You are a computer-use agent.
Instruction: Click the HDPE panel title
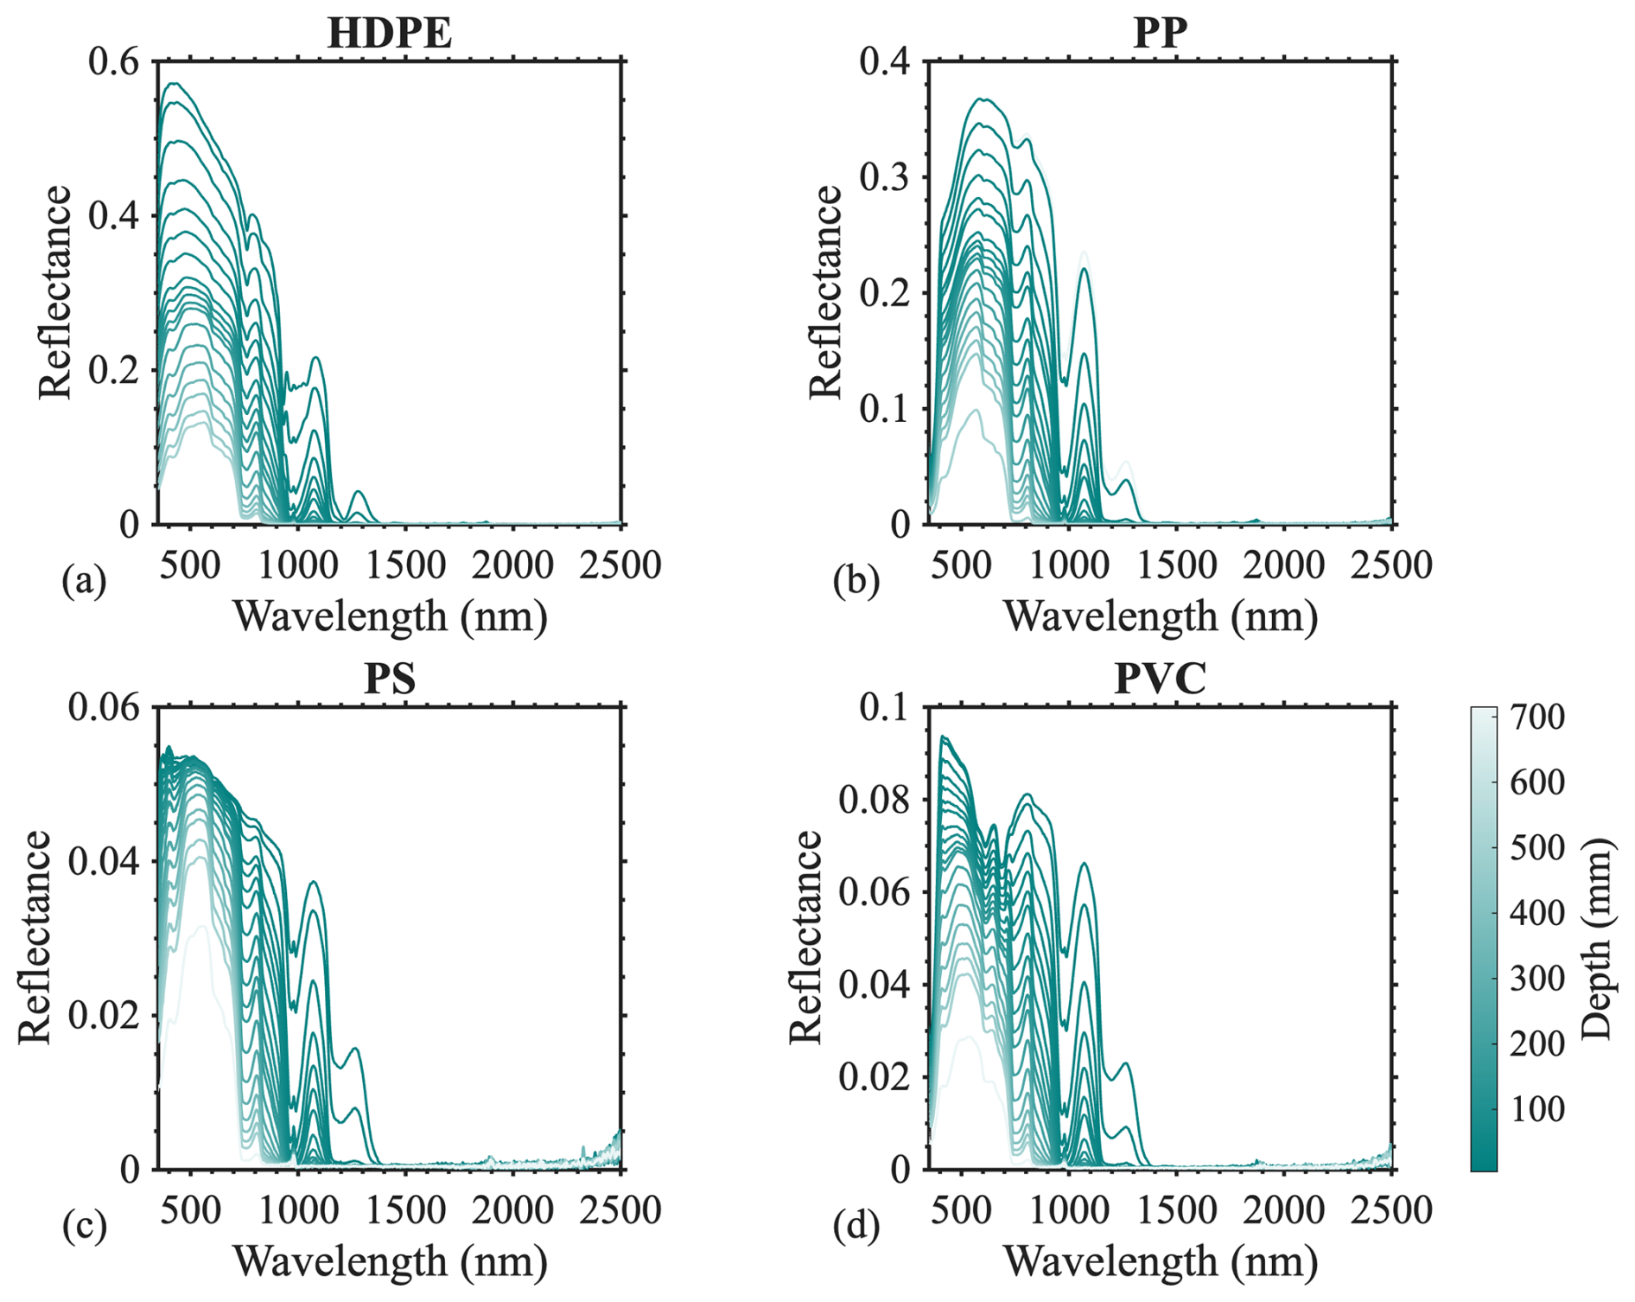pyautogui.click(x=389, y=33)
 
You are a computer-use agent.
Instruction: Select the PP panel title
pyautogui.click(x=1160, y=33)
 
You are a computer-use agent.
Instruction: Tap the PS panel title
pyautogui.click(x=390, y=679)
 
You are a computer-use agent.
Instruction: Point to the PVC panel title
pyautogui.click(x=1160, y=679)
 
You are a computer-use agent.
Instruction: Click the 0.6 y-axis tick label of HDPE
pyautogui.click(x=114, y=62)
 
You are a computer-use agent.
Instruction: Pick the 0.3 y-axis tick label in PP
pyautogui.click(x=885, y=177)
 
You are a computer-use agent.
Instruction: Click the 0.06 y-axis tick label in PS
pyautogui.click(x=104, y=707)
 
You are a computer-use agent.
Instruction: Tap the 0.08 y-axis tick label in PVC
pyautogui.click(x=875, y=800)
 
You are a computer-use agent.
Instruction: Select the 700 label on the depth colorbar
pyautogui.click(x=1537, y=717)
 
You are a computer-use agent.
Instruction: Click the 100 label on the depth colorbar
pyautogui.click(x=1537, y=1108)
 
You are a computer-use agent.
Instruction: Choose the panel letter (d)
pyautogui.click(x=856, y=1226)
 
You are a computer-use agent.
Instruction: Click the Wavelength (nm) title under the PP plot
pyautogui.click(x=1160, y=617)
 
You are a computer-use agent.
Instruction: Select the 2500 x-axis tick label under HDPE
pyautogui.click(x=620, y=565)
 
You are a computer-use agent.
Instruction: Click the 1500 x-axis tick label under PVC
pyautogui.click(x=1177, y=1210)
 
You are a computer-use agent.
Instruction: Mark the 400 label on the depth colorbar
pyautogui.click(x=1537, y=913)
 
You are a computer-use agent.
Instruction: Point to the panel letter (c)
pyautogui.click(x=84, y=1226)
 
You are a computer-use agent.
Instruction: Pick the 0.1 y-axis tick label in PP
pyautogui.click(x=885, y=409)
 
